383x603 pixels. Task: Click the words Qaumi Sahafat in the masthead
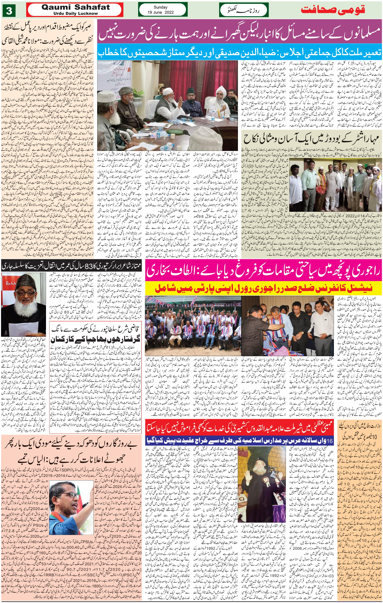pyautogui.click(x=75, y=7)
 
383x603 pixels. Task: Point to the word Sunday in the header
pyautogui.click(x=160, y=7)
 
